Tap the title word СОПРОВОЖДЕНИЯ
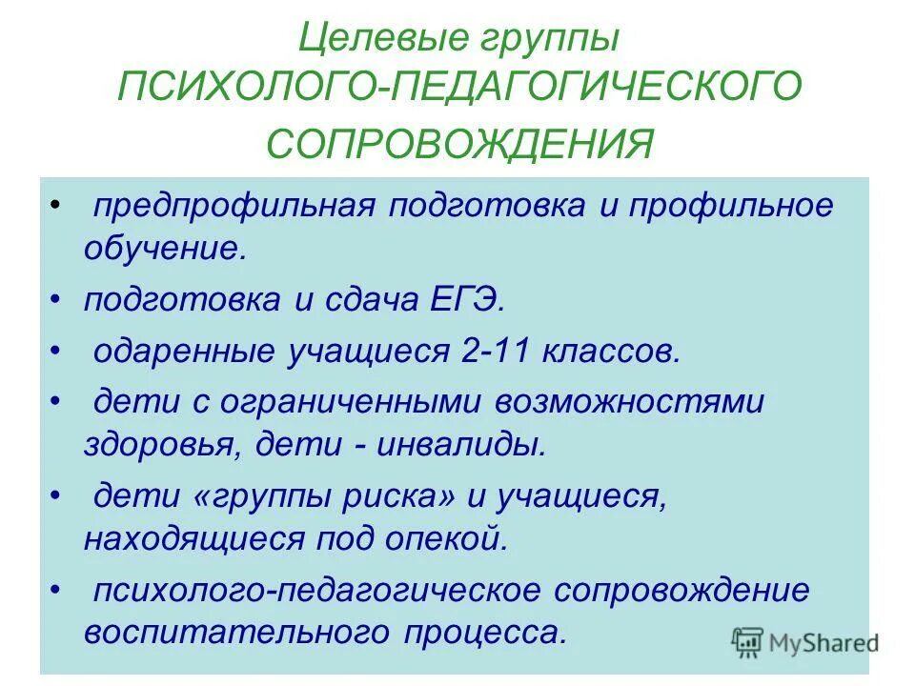tap(460, 144)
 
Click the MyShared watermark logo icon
tap(748, 642)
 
